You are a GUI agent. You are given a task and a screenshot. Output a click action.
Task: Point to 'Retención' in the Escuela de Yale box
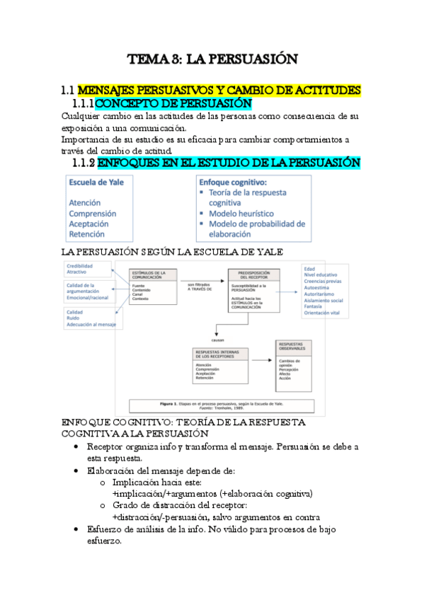coord(86,234)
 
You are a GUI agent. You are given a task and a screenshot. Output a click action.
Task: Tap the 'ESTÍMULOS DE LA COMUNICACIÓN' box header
coord(149,274)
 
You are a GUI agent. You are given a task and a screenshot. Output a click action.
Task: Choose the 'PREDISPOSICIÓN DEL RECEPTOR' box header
coord(249,275)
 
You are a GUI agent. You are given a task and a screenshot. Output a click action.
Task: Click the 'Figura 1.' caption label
coord(170,402)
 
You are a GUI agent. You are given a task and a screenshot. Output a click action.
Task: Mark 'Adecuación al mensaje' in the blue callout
coord(91,325)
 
